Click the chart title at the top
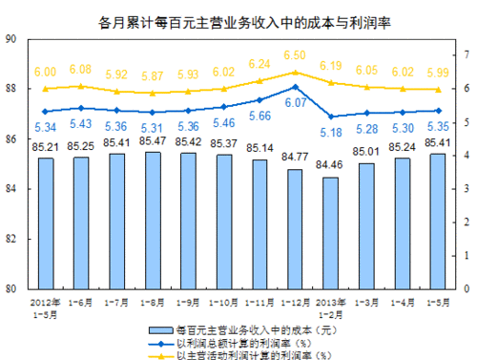click(238, 19)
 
